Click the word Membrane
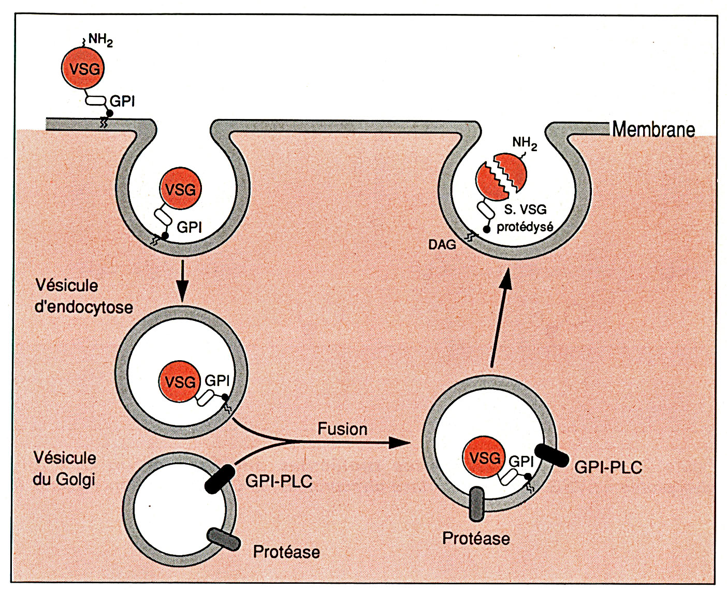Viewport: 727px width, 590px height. pyautogui.click(x=653, y=129)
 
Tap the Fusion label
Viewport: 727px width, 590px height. pyautogui.click(x=342, y=429)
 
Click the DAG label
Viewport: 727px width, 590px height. pyautogui.click(x=442, y=245)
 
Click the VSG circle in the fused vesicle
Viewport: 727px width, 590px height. pyautogui.click(x=483, y=458)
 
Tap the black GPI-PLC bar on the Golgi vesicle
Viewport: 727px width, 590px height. pyautogui.click(x=220, y=479)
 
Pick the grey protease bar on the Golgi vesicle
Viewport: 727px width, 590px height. pyautogui.click(x=223, y=539)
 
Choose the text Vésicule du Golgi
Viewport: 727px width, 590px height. pyautogui.click(x=65, y=469)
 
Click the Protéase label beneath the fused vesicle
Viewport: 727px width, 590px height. pyautogui.click(x=476, y=538)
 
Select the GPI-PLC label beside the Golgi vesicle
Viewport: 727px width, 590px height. pyautogui.click(x=279, y=481)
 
